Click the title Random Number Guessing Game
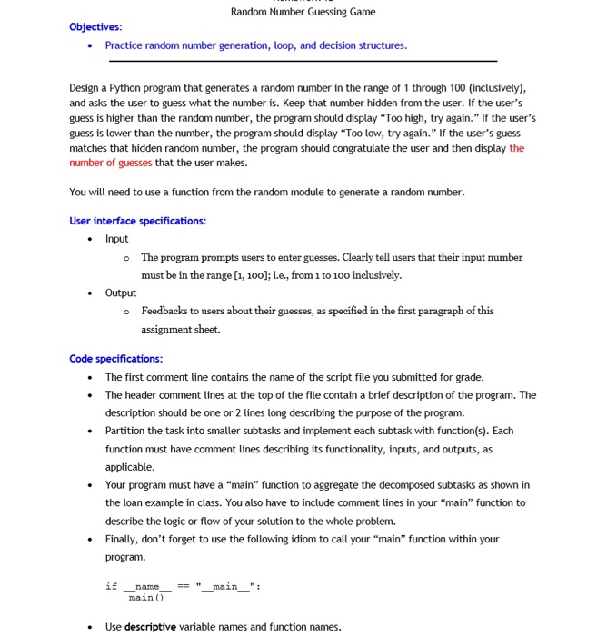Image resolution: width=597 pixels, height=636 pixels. click(303, 12)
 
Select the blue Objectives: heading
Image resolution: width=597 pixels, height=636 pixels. click(95, 27)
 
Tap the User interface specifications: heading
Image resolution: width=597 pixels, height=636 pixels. click(137, 221)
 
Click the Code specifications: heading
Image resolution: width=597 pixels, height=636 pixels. click(115, 359)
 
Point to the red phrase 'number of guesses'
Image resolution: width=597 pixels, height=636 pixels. click(111, 163)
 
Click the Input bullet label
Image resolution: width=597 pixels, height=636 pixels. click(116, 239)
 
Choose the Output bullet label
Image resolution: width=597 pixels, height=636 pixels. click(120, 293)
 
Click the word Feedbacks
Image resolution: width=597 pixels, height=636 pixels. click(164, 311)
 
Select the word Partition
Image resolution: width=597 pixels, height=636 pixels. click(124, 431)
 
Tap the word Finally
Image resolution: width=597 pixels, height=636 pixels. click(122, 539)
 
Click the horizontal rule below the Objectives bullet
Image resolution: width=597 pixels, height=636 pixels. click(303, 61)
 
